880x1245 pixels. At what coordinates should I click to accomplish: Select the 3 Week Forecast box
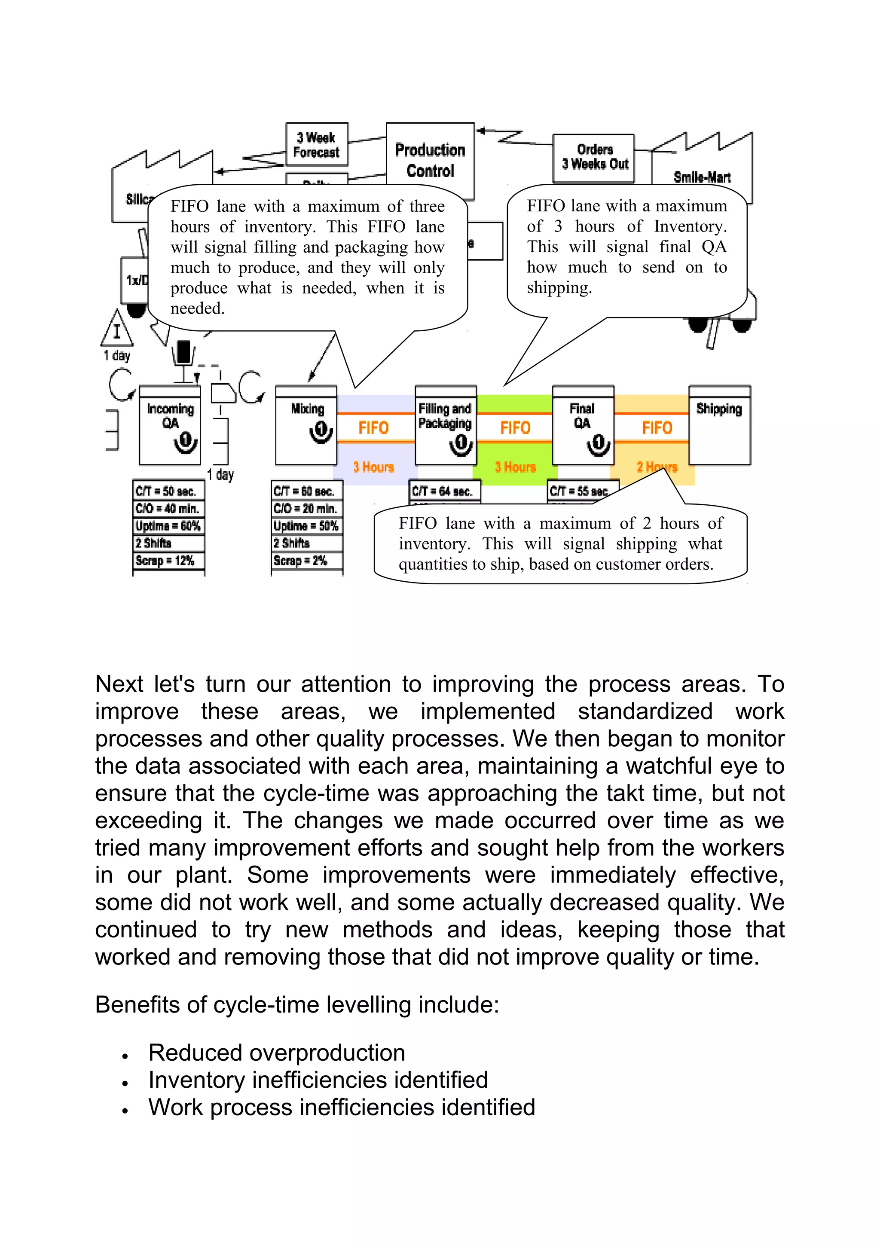coord(317,144)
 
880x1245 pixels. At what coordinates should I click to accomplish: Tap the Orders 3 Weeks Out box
coord(594,157)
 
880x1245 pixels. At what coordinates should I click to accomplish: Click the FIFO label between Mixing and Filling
coord(373,428)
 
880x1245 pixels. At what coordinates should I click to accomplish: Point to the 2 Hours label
coord(657,467)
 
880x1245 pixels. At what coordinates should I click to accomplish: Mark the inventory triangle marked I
coord(116,330)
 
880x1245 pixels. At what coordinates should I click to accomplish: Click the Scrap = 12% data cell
coord(168,560)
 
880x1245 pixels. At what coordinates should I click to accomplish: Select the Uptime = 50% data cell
coord(306,525)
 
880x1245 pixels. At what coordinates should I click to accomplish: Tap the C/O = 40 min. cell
coord(168,508)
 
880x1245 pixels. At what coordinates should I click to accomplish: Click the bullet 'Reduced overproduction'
coord(277,1053)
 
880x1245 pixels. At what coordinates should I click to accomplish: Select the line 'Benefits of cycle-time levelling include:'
coord(296,1005)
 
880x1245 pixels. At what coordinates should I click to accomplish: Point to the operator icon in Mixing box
coord(321,432)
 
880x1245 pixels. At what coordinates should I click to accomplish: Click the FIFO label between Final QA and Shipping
coord(657,428)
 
